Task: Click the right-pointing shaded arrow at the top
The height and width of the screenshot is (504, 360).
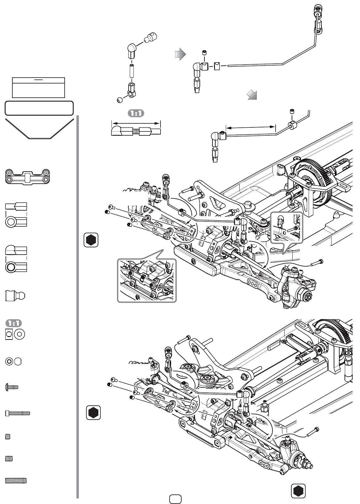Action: point(180,54)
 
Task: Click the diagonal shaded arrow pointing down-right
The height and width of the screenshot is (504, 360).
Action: point(252,95)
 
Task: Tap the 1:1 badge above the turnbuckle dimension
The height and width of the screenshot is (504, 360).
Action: point(136,113)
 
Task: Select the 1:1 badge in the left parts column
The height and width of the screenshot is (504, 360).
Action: point(14,323)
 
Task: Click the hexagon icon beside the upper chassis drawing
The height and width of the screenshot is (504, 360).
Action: point(91,240)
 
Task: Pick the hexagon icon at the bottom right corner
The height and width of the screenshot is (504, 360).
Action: point(298,491)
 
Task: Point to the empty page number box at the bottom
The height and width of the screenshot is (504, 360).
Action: point(175,499)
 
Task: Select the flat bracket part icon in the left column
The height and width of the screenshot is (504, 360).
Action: point(28,177)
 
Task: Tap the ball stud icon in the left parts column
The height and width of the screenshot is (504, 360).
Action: point(15,296)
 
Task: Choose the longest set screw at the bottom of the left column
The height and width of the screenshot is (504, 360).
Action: point(16,481)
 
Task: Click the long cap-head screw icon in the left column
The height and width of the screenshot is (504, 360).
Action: point(18,413)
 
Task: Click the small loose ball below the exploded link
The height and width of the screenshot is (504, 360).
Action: point(120,100)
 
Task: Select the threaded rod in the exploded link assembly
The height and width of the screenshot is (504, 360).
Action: point(131,71)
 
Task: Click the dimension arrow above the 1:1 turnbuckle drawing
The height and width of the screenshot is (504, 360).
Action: point(136,123)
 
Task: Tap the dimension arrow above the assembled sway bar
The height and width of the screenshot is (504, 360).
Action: point(251,128)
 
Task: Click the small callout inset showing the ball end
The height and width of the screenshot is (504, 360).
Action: point(286,228)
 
